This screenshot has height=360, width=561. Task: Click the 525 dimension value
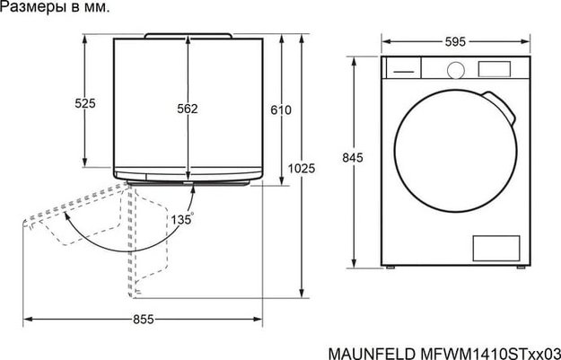pyautogui.click(x=84, y=103)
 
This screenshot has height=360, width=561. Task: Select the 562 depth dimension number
pyautogui.click(x=187, y=109)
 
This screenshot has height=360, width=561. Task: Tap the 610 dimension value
pyautogui.click(x=281, y=110)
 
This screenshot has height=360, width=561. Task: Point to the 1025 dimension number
pyautogui.click(x=302, y=168)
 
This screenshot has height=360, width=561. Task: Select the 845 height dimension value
pyautogui.click(x=353, y=158)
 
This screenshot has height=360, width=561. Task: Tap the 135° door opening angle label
pyautogui.click(x=180, y=218)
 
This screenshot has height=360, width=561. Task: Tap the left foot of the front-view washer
pyautogui.click(x=389, y=267)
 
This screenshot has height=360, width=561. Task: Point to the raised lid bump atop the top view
pyautogui.click(x=188, y=34)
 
